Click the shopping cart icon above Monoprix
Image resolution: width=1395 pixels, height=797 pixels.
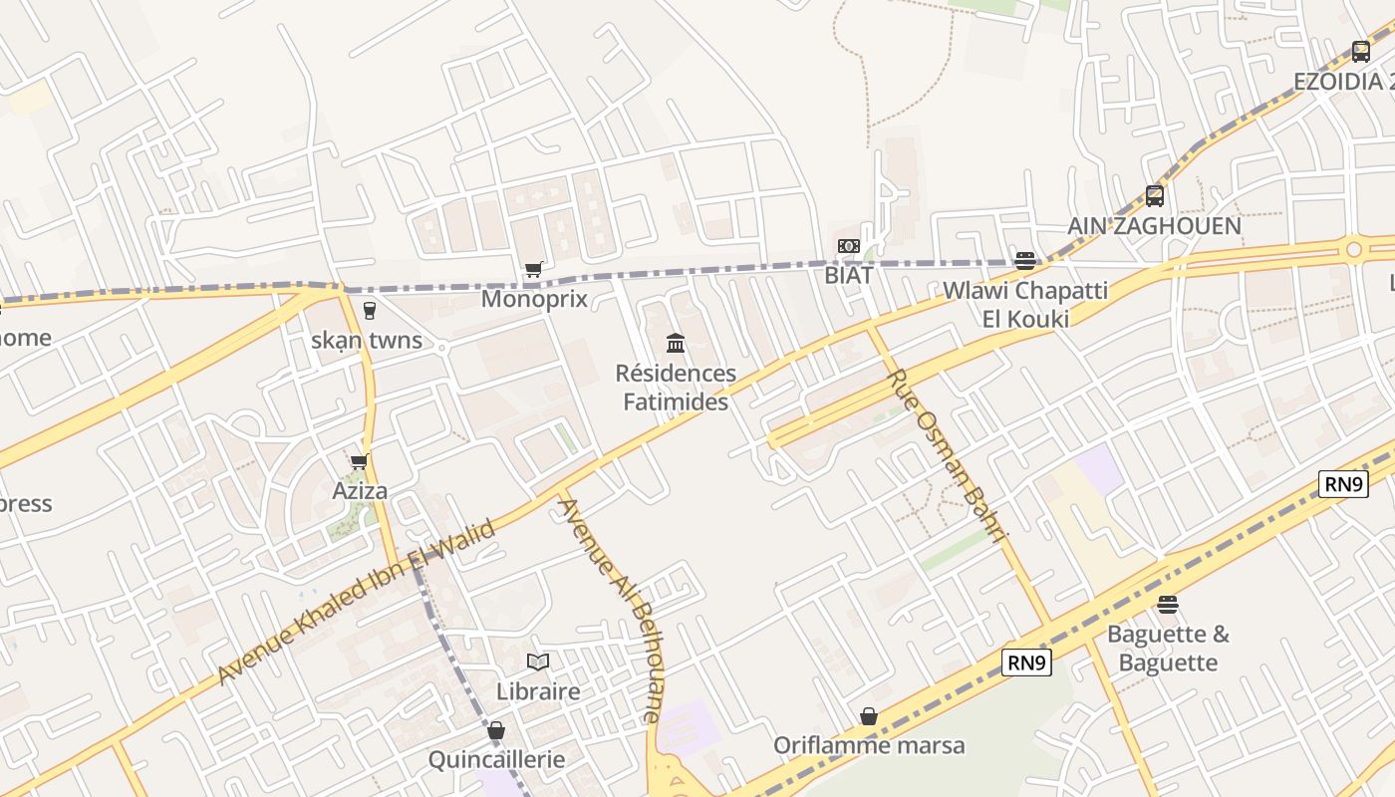point(534,269)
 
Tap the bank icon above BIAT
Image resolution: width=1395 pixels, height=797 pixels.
point(848,246)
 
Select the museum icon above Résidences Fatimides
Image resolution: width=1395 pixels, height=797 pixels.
point(676,344)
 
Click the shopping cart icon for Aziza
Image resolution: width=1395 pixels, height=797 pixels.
point(359,461)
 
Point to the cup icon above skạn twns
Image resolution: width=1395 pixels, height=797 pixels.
point(370,310)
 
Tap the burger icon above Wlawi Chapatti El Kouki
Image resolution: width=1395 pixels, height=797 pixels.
point(1024,261)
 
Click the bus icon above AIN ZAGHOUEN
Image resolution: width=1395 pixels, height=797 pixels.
point(1154,195)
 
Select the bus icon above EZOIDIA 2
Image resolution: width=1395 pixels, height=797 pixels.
point(1360,52)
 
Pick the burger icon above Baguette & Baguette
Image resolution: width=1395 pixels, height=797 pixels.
point(1168,605)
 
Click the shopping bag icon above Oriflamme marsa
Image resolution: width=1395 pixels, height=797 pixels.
point(869,716)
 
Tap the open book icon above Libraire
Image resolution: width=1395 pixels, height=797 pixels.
point(538,662)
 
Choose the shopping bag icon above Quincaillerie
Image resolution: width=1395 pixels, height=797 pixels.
point(496,731)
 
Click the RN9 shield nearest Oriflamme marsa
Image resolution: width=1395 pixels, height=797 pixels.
point(1026,663)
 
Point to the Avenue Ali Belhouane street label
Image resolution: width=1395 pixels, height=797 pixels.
point(609,609)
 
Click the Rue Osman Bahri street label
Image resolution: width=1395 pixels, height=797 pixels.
point(948,455)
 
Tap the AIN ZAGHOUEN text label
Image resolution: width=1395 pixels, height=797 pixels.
point(1154,226)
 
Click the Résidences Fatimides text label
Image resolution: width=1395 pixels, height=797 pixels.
point(676,388)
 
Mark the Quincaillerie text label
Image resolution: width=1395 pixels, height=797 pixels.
point(496,760)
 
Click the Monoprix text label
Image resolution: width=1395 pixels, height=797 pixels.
point(534,299)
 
